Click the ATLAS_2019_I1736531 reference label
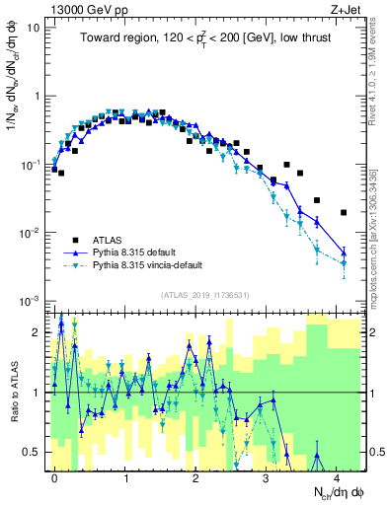tap(206, 294)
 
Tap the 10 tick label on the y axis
tap(32, 28)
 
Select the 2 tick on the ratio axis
tap(37, 332)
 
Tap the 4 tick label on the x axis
tap(338, 476)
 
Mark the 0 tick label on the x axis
tap(54, 476)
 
